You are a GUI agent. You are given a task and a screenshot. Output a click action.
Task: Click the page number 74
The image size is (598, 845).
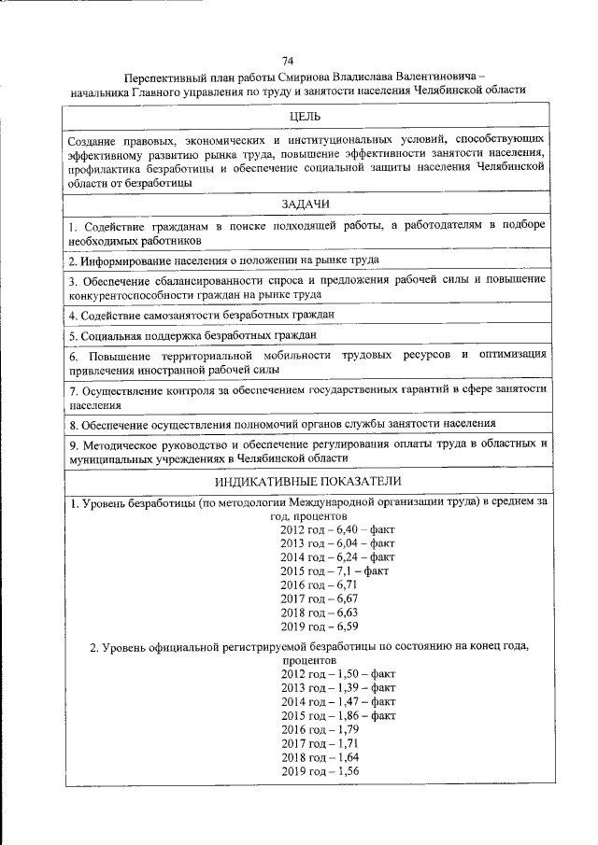(300, 61)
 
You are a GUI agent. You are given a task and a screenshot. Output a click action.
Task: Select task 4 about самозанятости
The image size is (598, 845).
(201, 315)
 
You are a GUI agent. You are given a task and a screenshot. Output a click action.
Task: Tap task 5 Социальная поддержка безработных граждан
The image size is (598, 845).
(192, 334)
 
